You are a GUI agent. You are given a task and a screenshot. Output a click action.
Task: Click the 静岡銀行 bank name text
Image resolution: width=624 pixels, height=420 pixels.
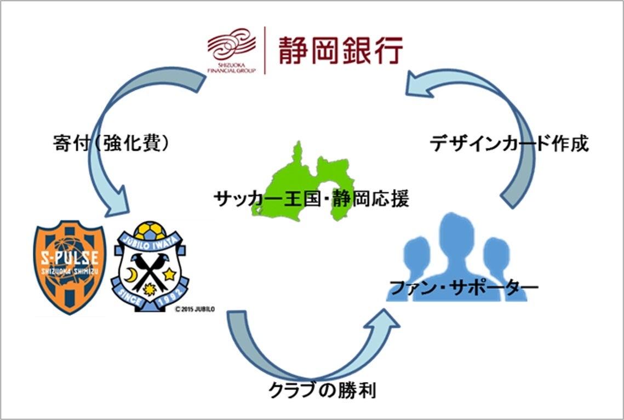(x=340, y=50)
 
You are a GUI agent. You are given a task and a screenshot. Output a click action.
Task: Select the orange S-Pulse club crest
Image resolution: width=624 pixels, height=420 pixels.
(x=70, y=268)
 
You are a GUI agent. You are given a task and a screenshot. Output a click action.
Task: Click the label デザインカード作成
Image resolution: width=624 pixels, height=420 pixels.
(x=508, y=144)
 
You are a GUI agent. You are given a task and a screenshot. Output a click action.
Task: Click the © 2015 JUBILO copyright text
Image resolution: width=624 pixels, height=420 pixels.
(x=194, y=309)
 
